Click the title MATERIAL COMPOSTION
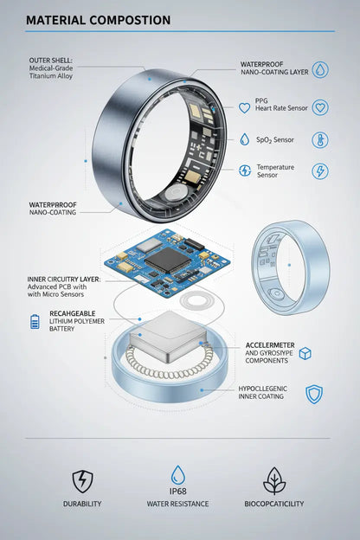tap(98, 20)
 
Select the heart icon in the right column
tap(320, 108)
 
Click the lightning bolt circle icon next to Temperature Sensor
tap(320, 170)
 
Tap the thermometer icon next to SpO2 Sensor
tap(320, 139)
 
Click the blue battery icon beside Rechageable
tap(35, 322)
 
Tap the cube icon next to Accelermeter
tap(305, 353)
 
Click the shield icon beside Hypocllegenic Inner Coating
tap(314, 395)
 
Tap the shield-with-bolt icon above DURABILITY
tap(82, 480)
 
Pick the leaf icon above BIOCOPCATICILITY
tap(274, 480)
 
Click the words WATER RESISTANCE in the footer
tap(178, 504)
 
